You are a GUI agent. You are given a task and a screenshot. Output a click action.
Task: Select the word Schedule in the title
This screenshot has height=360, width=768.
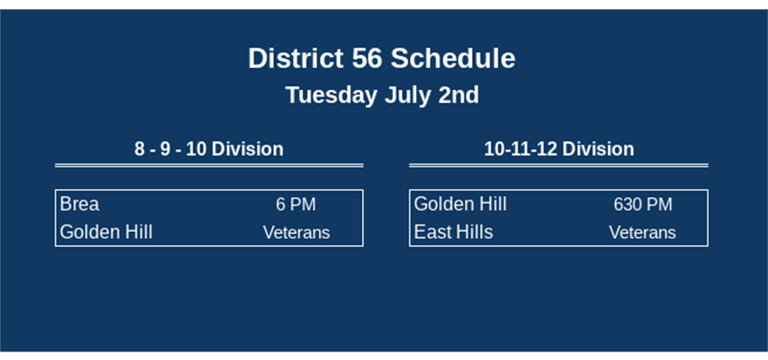click(452, 59)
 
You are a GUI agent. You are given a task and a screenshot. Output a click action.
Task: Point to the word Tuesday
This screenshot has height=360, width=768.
click(331, 95)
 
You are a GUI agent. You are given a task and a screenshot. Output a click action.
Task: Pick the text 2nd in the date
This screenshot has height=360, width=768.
click(458, 95)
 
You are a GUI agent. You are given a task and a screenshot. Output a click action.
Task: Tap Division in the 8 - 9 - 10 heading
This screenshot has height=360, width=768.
click(247, 149)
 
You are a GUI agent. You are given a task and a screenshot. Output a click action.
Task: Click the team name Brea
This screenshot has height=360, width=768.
click(80, 204)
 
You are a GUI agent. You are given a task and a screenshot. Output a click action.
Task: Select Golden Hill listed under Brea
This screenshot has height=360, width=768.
click(106, 232)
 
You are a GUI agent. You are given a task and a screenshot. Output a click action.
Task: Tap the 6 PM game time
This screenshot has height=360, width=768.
click(295, 205)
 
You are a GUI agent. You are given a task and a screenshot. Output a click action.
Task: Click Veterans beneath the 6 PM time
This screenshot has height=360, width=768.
click(296, 233)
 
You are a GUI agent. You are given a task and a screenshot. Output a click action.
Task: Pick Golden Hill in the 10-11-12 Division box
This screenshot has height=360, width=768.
click(460, 204)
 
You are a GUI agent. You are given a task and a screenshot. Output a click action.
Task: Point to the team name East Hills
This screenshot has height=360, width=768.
click(453, 232)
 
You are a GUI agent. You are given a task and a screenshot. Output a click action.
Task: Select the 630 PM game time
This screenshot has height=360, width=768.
click(643, 205)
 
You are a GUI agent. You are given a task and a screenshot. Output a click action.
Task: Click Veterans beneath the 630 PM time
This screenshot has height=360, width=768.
click(642, 233)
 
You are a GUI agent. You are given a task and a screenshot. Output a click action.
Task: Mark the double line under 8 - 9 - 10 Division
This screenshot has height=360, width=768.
click(209, 165)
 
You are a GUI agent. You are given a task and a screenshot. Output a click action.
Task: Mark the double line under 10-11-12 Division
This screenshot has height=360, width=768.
click(558, 165)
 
